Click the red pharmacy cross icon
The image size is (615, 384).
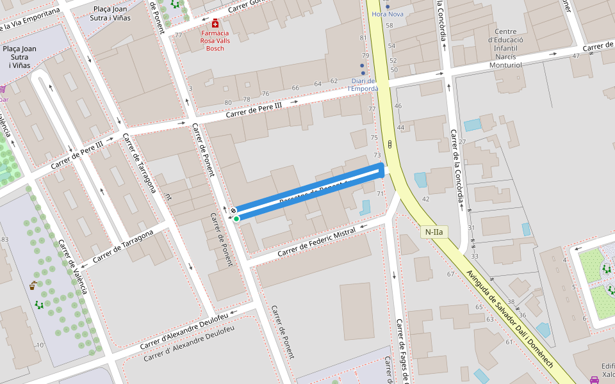click(215, 23)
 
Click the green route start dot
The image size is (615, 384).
click(236, 219)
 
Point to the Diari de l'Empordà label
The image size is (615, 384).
click(363, 84)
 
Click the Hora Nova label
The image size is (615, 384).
click(388, 14)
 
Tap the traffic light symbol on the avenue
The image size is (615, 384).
click(389, 143)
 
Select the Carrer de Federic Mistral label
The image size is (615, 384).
click(316, 244)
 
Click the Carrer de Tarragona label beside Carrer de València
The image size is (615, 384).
click(123, 246)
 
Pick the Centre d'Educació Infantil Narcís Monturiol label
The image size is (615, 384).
click(505, 48)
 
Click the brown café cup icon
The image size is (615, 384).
click(33, 286)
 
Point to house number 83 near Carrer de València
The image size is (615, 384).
click(5, 240)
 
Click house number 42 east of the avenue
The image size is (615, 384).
click(425, 199)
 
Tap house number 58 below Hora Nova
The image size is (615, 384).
click(389, 26)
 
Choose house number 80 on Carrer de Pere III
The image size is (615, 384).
click(228, 102)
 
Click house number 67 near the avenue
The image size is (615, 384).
click(450, 274)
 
